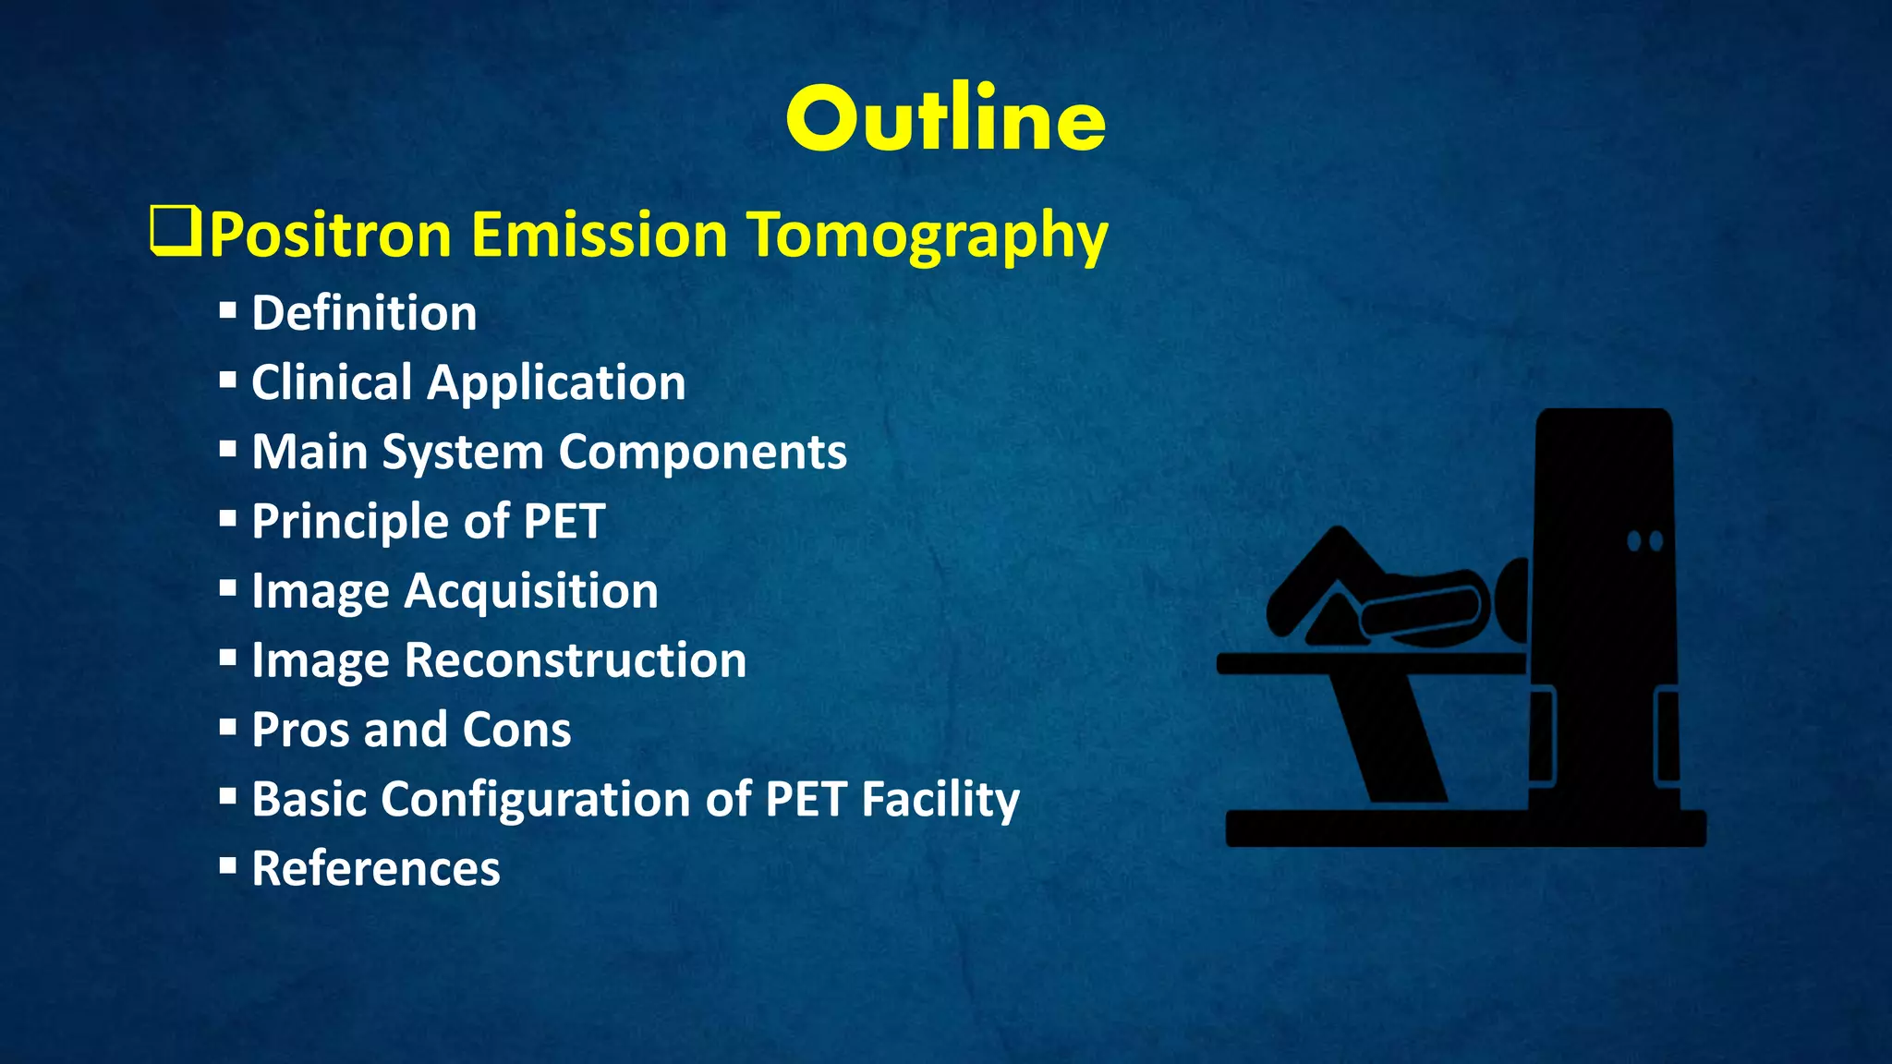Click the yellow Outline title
tap(946, 120)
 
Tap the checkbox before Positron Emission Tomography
tap(175, 233)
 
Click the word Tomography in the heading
tap(927, 235)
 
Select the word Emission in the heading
tap(600, 235)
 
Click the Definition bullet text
tap(364, 313)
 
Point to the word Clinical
tap(331, 382)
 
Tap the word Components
tap(702, 453)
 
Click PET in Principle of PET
tap(564, 521)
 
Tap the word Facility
tap(940, 799)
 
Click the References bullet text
tap(376, 869)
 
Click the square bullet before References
tap(228, 865)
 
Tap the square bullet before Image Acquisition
tap(228, 587)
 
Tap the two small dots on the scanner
tap(1644, 540)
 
